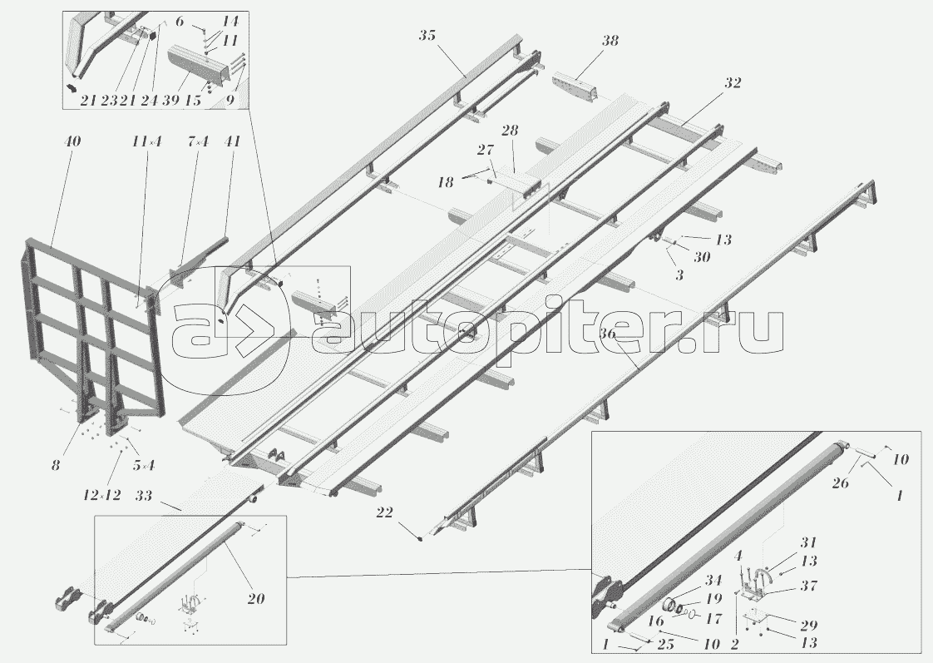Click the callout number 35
pos(427,36)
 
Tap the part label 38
pos(610,42)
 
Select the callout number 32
pos(732,83)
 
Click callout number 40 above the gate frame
pos(72,142)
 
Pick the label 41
pos(232,142)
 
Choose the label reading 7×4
pos(196,142)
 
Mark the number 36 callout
pos(608,334)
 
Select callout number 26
pos(840,483)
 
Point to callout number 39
pos(171,100)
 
